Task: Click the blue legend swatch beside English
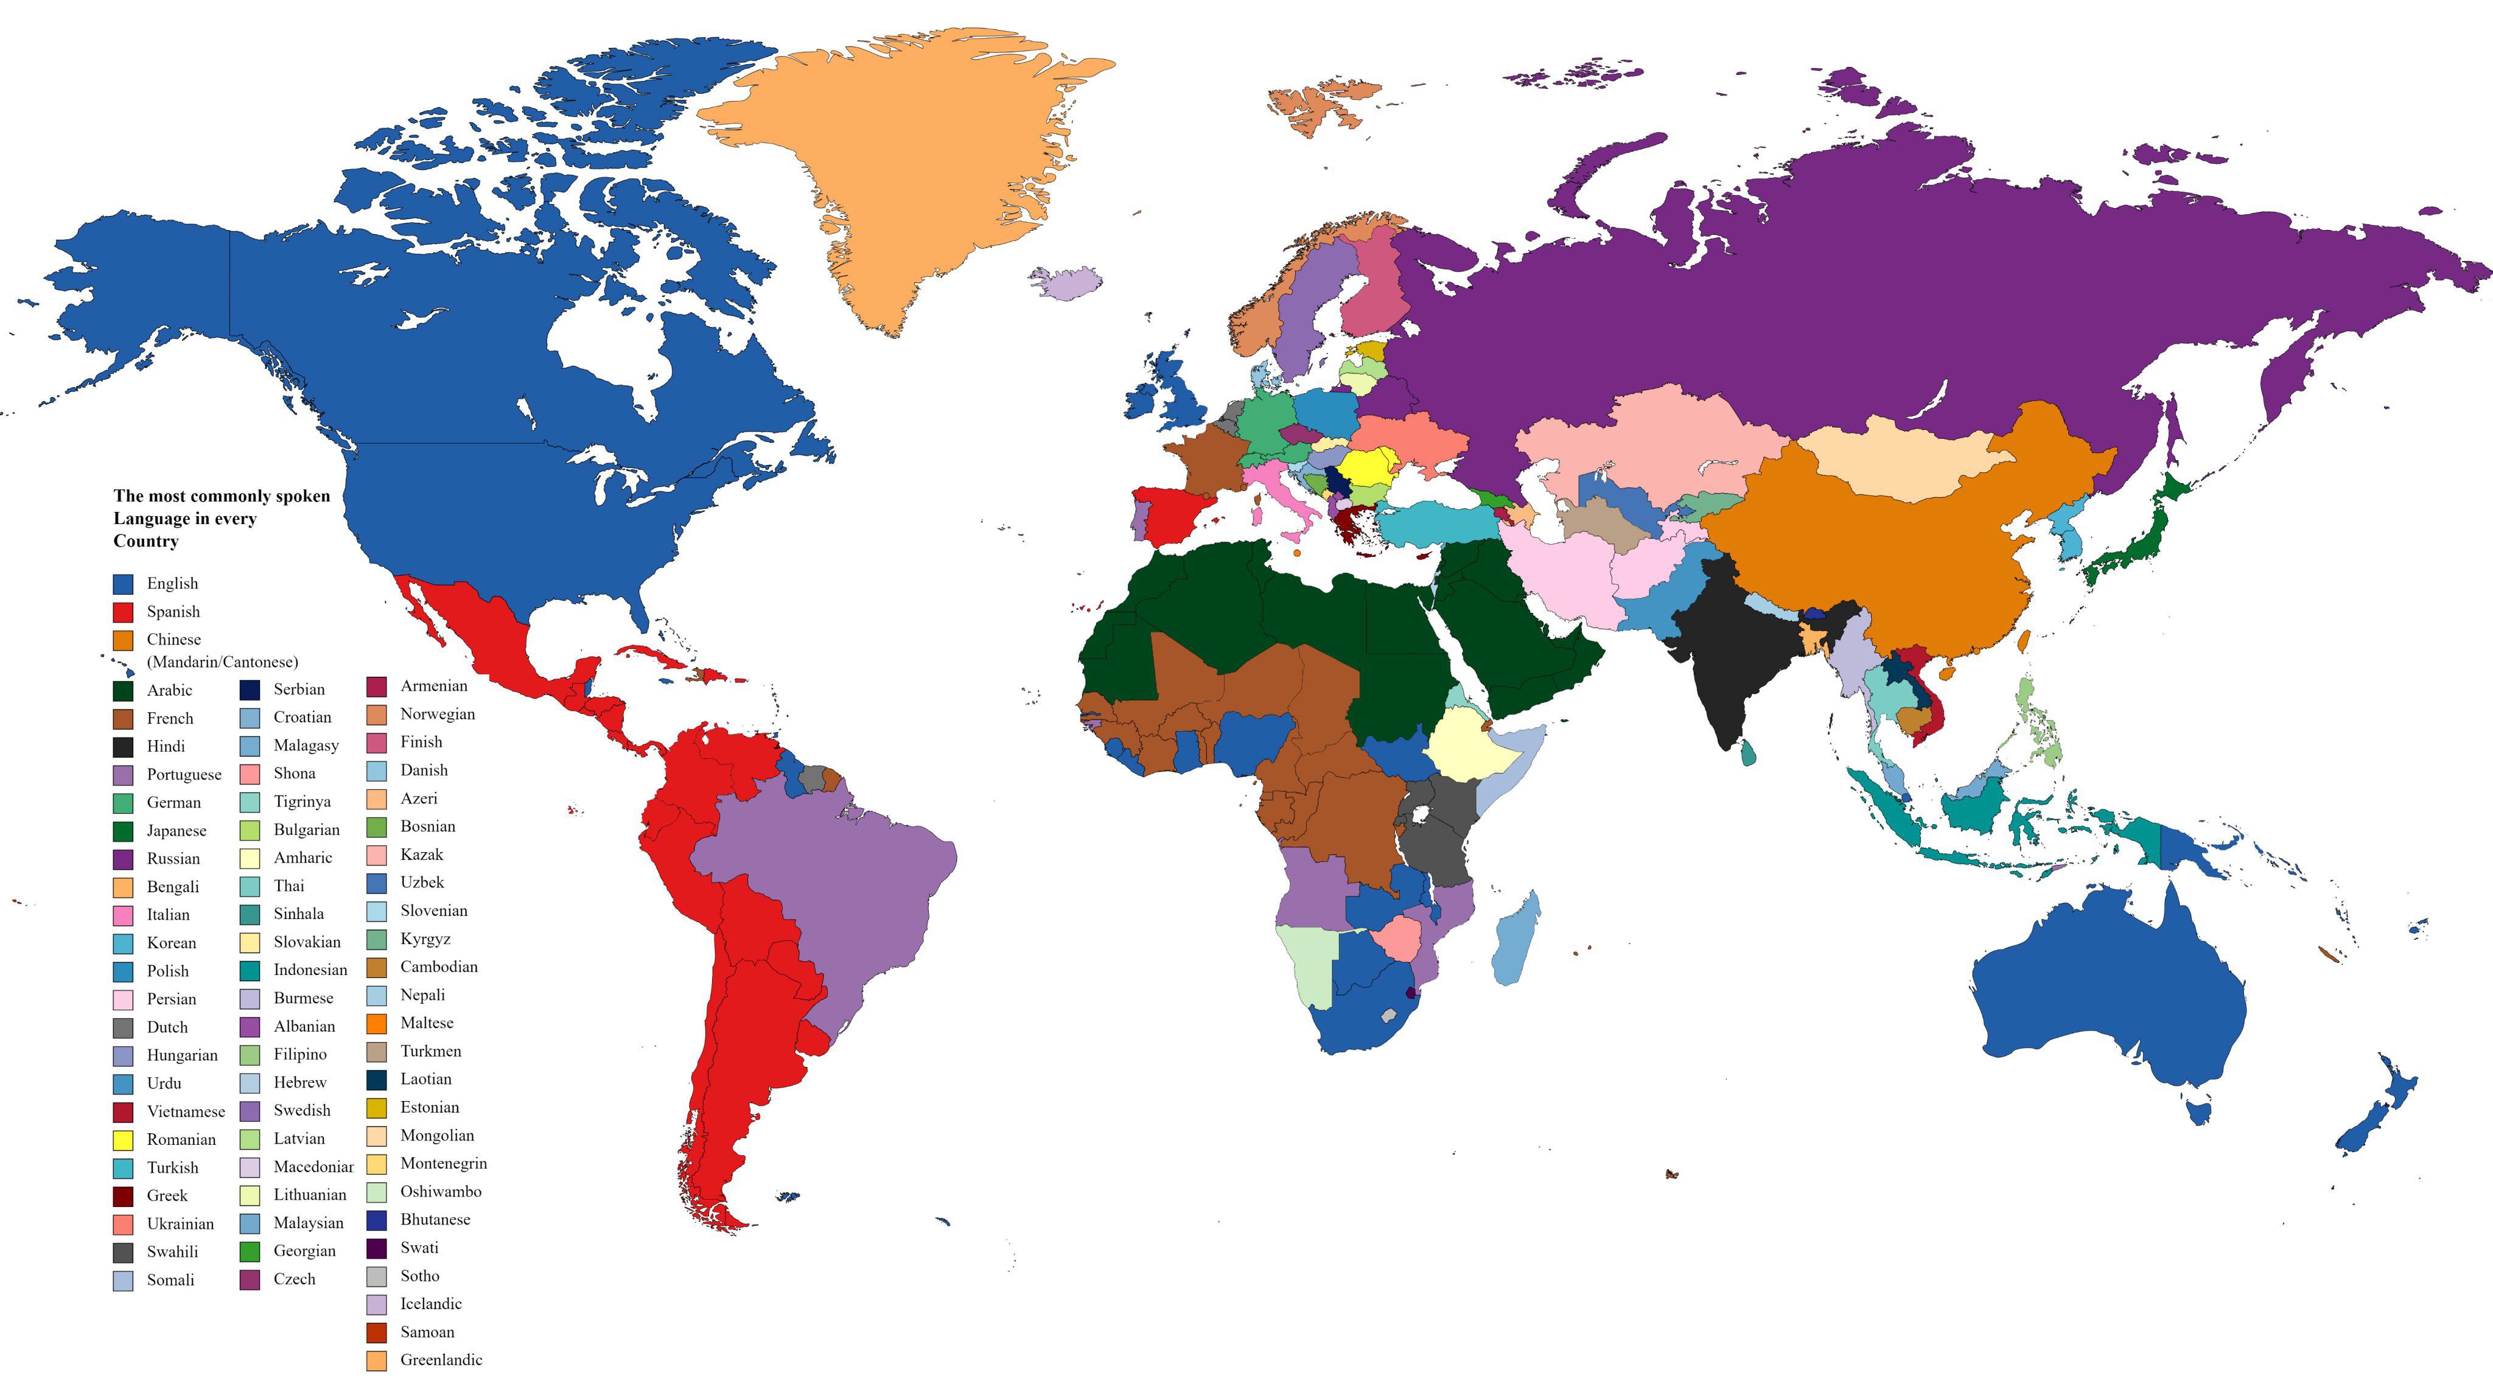[123, 584]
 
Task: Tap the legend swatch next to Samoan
[377, 1332]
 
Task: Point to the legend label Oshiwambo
[440, 1191]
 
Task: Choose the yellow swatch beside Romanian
[123, 1140]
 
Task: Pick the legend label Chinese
[174, 640]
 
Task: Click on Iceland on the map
[1066, 282]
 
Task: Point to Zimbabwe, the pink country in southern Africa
[1396, 937]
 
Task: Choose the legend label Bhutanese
[435, 1219]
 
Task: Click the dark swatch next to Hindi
[123, 747]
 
